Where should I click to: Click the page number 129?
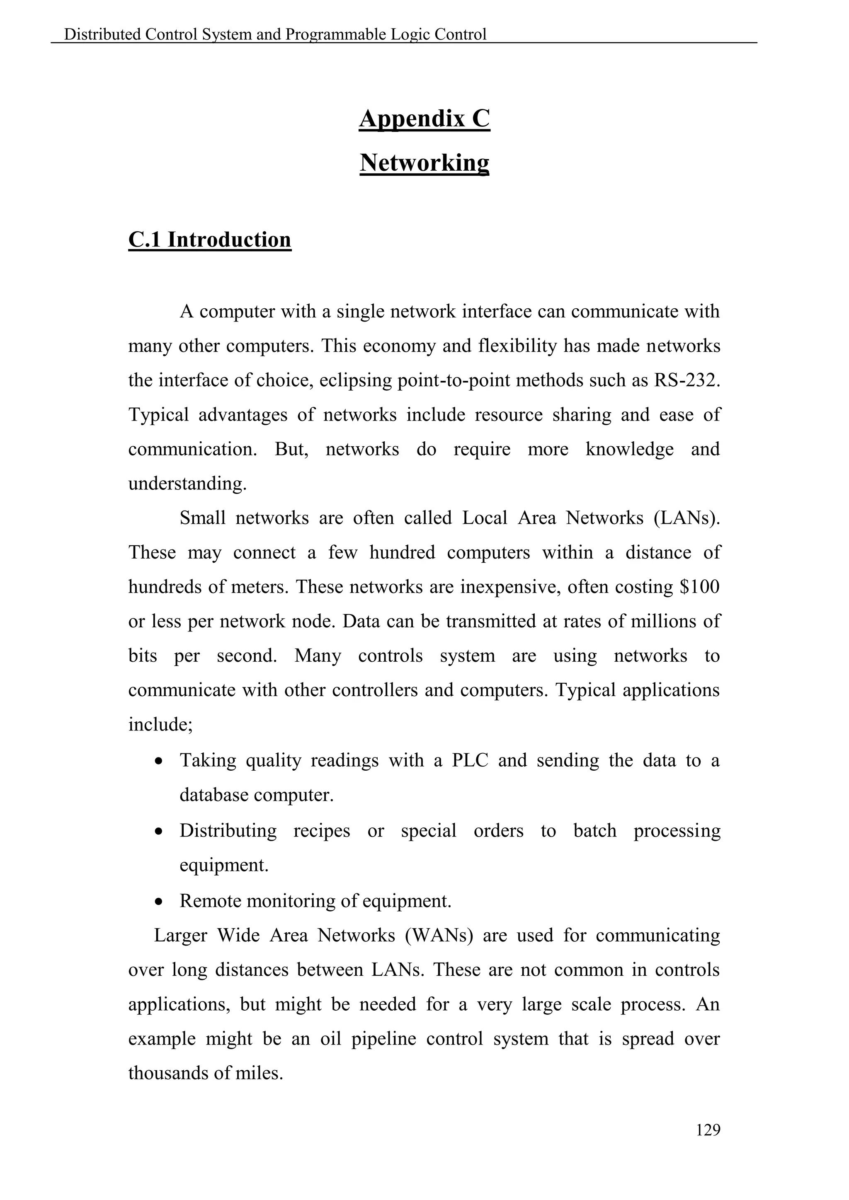(x=708, y=1130)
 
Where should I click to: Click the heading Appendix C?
(x=424, y=119)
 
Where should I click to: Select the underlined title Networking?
(x=424, y=162)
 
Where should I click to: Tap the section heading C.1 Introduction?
(x=210, y=240)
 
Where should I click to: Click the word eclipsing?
(x=355, y=380)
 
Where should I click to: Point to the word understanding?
(x=187, y=484)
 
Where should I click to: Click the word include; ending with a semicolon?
(x=160, y=725)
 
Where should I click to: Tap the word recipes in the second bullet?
(x=322, y=830)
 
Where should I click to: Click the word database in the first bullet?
(x=214, y=795)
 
